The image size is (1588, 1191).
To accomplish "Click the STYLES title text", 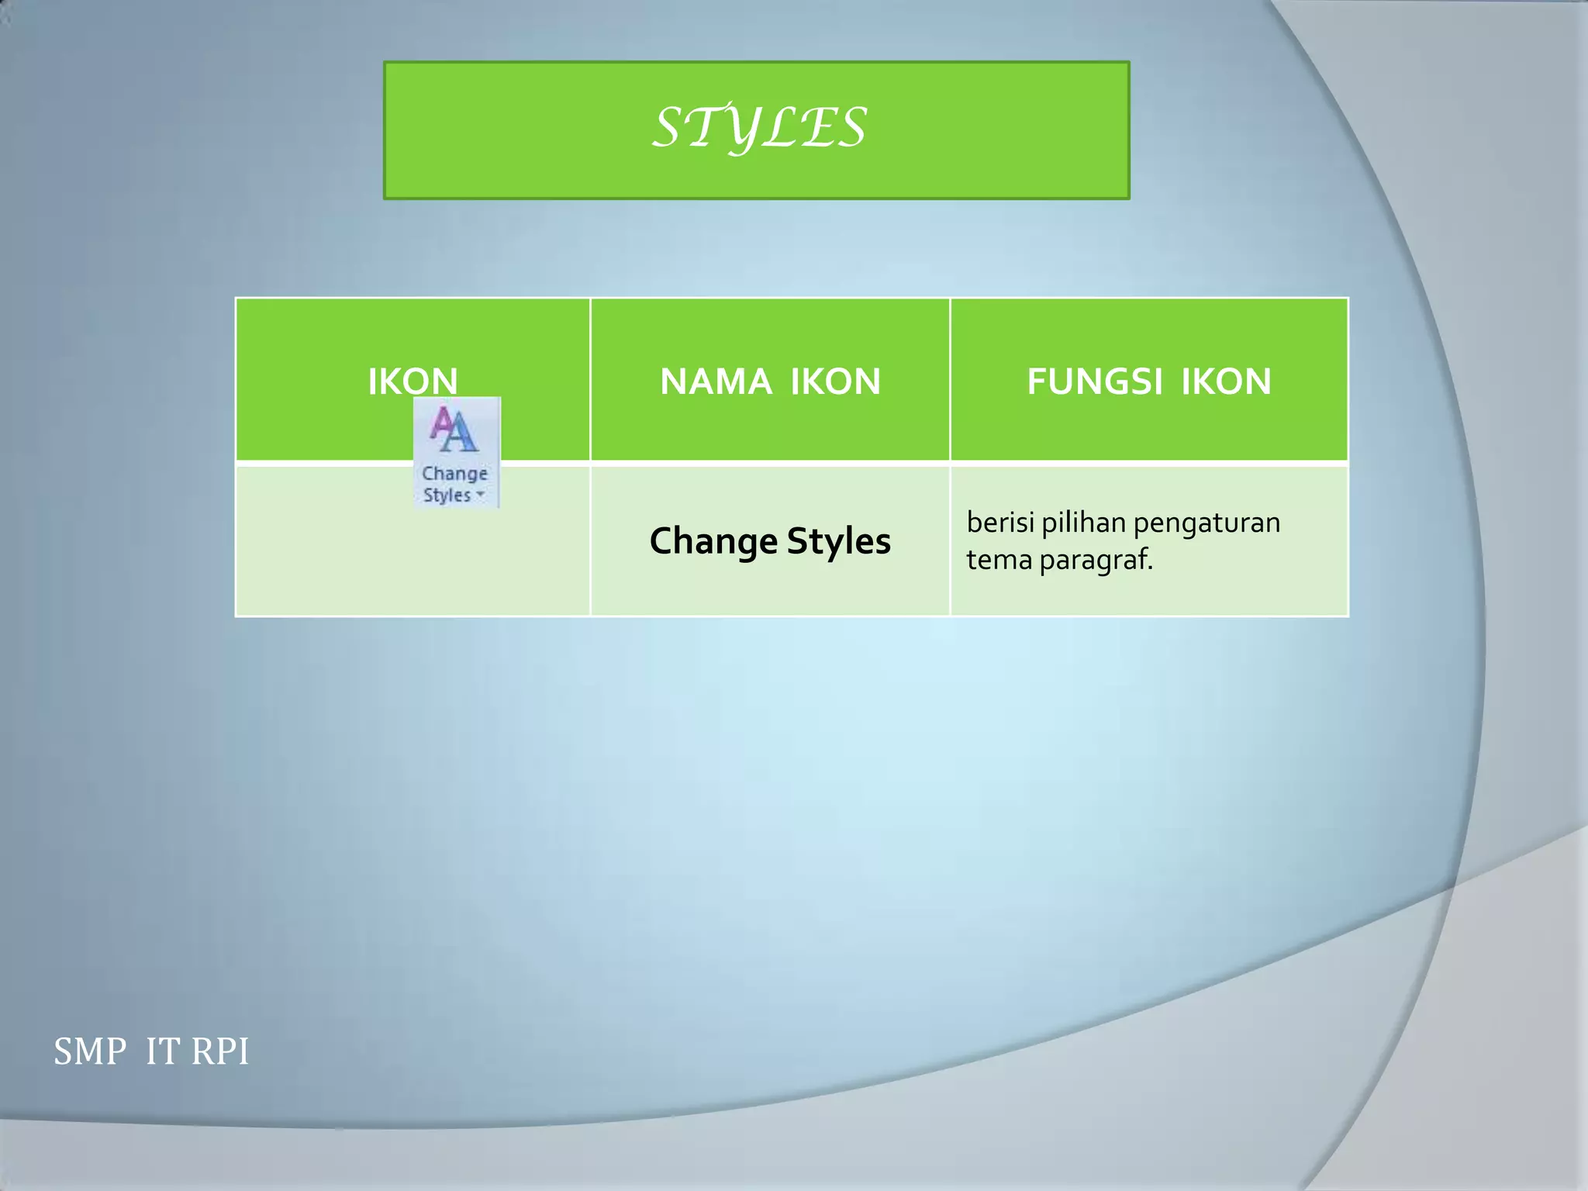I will point(758,128).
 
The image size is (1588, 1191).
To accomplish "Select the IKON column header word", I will point(413,381).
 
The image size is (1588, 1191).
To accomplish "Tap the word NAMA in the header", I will point(715,381).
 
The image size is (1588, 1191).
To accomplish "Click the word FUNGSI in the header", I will point(1094,381).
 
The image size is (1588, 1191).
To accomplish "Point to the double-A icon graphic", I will point(454,430).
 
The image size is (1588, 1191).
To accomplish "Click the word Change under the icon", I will point(454,473).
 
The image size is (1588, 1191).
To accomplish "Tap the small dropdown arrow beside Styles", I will point(481,494).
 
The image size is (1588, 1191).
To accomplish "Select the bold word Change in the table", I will point(713,541).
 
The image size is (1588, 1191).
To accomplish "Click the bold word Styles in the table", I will point(839,541).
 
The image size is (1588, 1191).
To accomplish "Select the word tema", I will point(999,559).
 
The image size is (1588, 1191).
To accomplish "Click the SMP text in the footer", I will point(90,1052).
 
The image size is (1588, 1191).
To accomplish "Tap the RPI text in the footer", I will point(220,1052).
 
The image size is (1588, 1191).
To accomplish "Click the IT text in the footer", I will point(162,1052).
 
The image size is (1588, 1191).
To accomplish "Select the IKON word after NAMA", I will point(835,381).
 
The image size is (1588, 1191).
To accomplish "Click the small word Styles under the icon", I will point(447,495).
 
